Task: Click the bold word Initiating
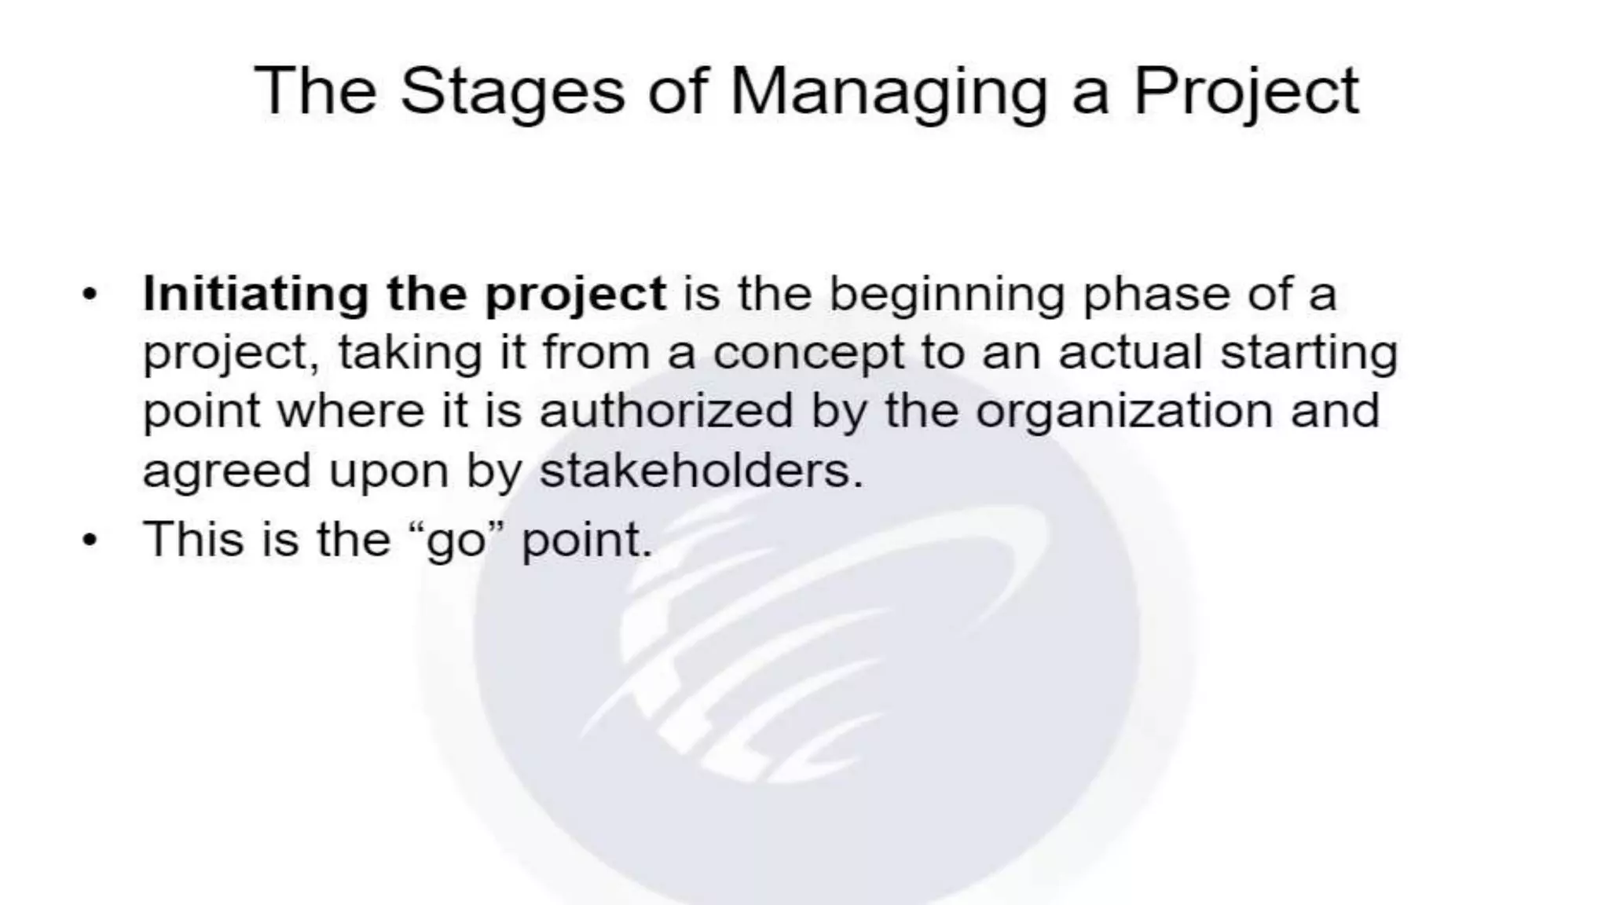(x=255, y=295)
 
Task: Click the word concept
(x=808, y=354)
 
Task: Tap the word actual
(x=1130, y=353)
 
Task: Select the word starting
(x=1309, y=354)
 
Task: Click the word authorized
(x=666, y=411)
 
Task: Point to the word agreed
(x=226, y=472)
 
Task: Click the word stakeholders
(x=701, y=471)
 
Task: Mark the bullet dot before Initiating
(x=90, y=295)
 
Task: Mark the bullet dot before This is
(x=90, y=540)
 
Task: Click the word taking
(x=409, y=354)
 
